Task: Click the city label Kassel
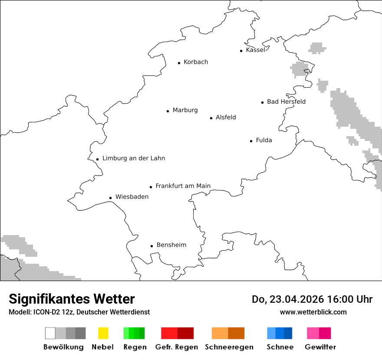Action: click(255, 50)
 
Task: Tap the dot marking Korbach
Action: click(179, 63)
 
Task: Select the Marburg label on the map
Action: click(185, 110)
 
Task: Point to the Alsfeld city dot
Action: click(211, 118)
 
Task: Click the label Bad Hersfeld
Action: click(286, 102)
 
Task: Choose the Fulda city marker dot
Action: click(251, 141)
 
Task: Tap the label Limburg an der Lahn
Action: click(133, 158)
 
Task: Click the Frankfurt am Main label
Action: click(183, 186)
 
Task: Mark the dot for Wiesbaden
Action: click(111, 198)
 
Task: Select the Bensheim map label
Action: click(171, 245)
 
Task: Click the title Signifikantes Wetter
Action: click(72, 299)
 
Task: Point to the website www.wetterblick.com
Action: click(313, 312)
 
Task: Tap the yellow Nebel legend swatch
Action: click(103, 333)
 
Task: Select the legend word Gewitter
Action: click(320, 347)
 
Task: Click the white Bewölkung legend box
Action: click(50, 333)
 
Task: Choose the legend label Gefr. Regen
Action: click(177, 347)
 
